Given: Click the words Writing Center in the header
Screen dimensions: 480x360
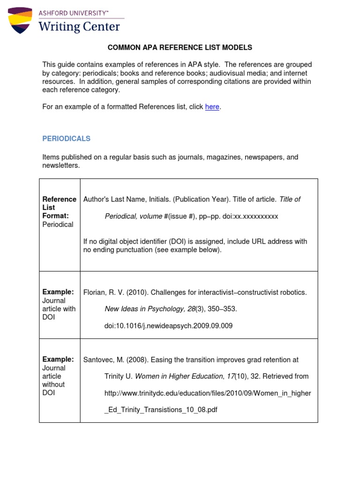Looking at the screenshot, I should click(x=79, y=26).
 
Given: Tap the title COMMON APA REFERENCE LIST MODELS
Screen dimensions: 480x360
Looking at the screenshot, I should click(x=180, y=47).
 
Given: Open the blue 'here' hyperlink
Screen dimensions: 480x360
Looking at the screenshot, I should click(x=212, y=107).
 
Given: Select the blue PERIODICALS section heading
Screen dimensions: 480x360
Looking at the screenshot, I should click(x=66, y=139).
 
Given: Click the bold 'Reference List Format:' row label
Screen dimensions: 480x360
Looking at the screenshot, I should click(x=59, y=207).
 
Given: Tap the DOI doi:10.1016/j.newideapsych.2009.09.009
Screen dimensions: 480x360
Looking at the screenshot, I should click(x=168, y=325).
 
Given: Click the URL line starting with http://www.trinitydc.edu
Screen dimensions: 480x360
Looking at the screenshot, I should click(x=207, y=393).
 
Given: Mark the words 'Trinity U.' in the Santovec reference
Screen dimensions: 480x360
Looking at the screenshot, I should click(x=119, y=376).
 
